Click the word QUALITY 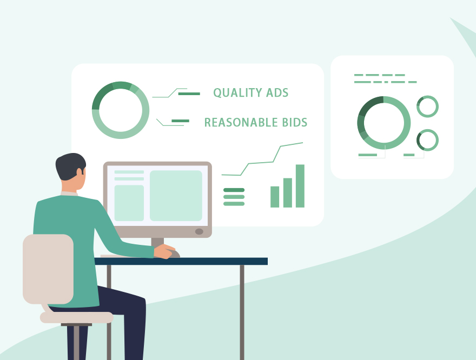[237, 93]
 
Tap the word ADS [277, 92]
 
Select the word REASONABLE [241, 122]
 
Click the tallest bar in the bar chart [300, 186]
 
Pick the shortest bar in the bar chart [275, 197]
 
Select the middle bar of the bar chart [287, 193]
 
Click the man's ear [79, 172]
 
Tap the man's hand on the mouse [164, 251]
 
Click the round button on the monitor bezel [199, 232]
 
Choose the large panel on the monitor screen [176, 196]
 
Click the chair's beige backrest [48, 269]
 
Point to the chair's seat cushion [76, 317]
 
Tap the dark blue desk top [181, 261]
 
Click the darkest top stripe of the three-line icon [234, 190]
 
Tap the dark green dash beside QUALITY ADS [189, 94]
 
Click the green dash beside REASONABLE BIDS [180, 121]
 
